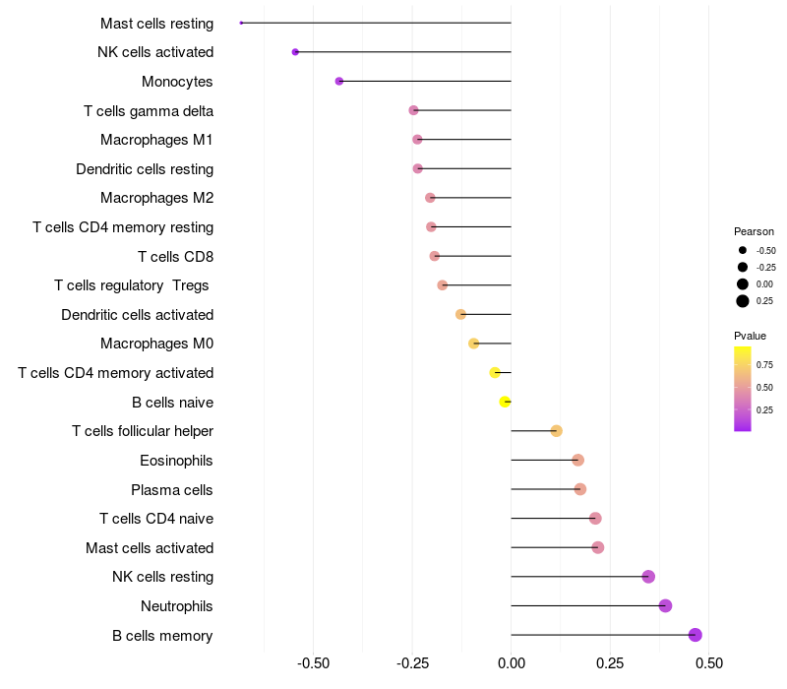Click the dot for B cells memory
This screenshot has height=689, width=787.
[696, 635]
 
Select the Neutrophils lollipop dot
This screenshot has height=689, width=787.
[665, 605]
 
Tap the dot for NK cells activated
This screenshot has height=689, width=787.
[295, 52]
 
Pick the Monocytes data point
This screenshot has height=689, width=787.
[339, 81]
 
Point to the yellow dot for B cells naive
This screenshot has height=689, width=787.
[505, 402]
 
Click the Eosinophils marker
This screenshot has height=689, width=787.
[577, 460]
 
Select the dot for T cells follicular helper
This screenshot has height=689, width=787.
[556, 431]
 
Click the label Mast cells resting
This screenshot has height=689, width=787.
[156, 23]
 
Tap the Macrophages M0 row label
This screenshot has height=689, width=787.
[156, 344]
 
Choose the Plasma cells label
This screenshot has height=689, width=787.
[171, 489]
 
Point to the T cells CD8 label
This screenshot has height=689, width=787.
[175, 257]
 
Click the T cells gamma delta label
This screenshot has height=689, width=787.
[149, 111]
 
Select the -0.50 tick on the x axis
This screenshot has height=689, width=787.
[313, 663]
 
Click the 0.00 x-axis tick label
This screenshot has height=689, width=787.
[511, 663]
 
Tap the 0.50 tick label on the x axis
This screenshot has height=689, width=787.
[708, 663]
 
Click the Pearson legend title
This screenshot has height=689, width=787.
[754, 231]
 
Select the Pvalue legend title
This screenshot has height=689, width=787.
[750, 336]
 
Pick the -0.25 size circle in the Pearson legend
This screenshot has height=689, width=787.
[743, 267]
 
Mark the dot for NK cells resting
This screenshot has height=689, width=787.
[648, 577]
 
